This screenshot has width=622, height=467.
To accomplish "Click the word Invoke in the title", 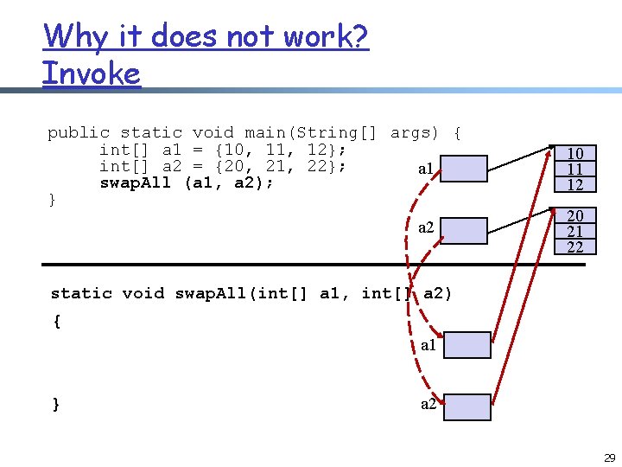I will pos(91,73).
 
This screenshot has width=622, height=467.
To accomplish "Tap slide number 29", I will pos(609,457).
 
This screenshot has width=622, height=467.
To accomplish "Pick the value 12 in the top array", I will pos(574,184).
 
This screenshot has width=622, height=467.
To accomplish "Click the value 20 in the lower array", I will pos(574,216).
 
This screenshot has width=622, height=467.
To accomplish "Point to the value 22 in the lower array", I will pos(574,246).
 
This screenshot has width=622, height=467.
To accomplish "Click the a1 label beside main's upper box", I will pos(426,169).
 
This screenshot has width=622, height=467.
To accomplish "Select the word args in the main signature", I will pos(414,133).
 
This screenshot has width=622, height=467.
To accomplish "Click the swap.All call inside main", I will pos(135,182).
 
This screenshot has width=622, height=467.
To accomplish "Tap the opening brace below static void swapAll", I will pos(56,322).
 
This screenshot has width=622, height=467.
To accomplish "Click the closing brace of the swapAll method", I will pos(56,404).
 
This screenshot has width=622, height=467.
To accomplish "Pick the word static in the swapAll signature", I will pos(81,293).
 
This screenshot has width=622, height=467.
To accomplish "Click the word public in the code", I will pos(79,133).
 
